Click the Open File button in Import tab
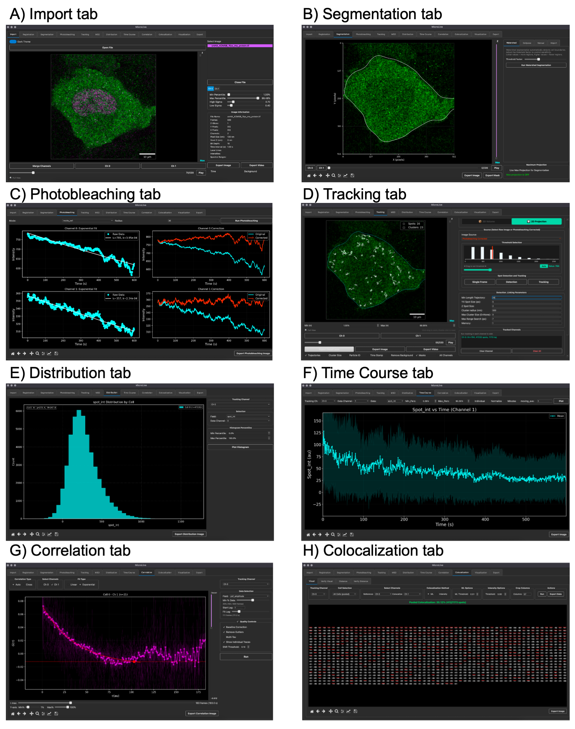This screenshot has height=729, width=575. pyautogui.click(x=107, y=48)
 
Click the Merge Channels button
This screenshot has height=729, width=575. pyautogui.click(x=41, y=166)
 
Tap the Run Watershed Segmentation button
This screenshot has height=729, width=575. pyautogui.click(x=536, y=65)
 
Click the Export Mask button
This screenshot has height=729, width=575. pyautogui.click(x=492, y=175)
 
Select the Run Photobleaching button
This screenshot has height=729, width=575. pyautogui.click(x=246, y=221)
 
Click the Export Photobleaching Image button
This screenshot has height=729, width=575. pyautogui.click(x=253, y=353)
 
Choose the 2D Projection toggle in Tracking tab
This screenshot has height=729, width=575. pyautogui.click(x=536, y=221)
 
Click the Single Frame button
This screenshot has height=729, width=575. pyautogui.click(x=479, y=282)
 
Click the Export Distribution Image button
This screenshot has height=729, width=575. pyautogui.click(x=189, y=534)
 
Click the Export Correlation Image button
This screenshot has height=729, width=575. pyautogui.click(x=202, y=713)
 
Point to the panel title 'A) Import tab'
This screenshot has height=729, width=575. pyautogui.click(x=53, y=14)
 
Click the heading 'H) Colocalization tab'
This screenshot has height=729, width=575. pyautogui.click(x=373, y=551)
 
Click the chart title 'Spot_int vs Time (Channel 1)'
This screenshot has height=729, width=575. pyautogui.click(x=444, y=409)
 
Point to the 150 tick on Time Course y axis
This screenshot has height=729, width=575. pyautogui.click(x=317, y=421)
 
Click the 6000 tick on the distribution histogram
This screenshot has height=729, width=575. pyautogui.click(x=19, y=411)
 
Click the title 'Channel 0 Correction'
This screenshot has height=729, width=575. pyautogui.click(x=211, y=228)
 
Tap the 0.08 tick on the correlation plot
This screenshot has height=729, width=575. pyautogui.click(x=21, y=601)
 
